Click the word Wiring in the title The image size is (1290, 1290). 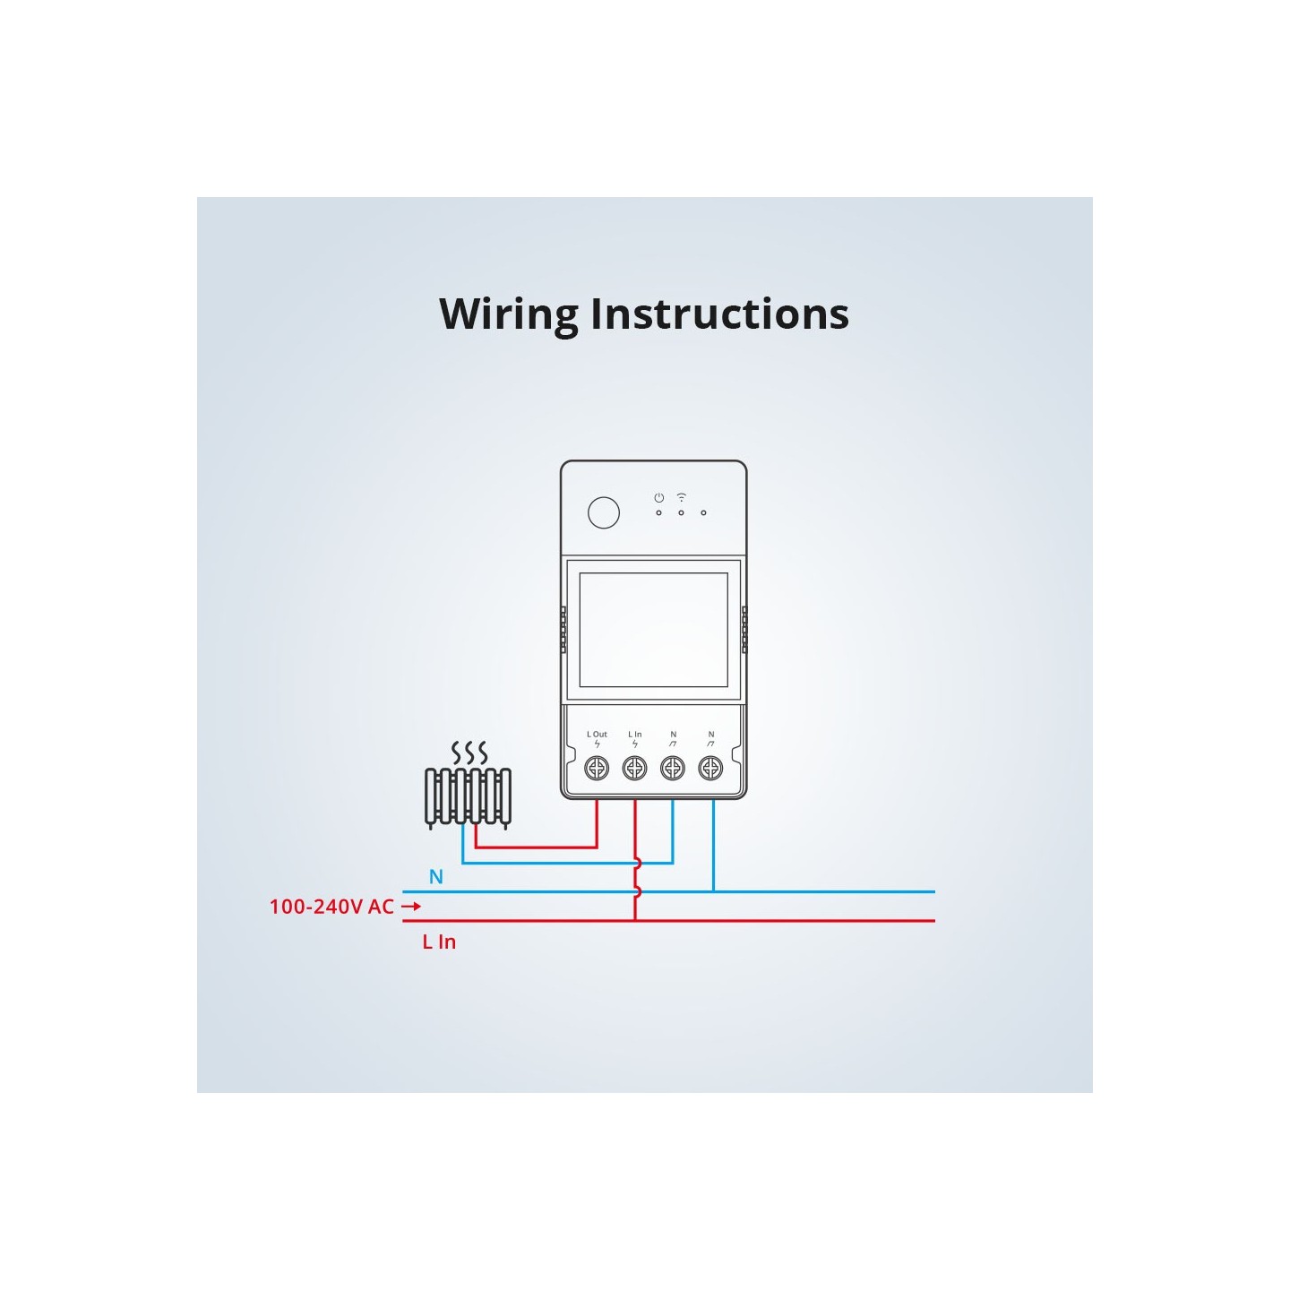[x=509, y=315]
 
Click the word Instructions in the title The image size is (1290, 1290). [x=719, y=314]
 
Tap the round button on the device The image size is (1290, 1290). [x=604, y=512]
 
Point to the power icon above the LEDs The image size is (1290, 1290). [x=658, y=497]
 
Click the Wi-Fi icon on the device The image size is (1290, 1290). [x=681, y=497]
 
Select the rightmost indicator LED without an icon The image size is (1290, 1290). [x=703, y=513]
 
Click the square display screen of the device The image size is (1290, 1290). [x=653, y=630]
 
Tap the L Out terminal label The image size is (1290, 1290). [x=597, y=735]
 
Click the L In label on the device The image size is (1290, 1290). [x=634, y=735]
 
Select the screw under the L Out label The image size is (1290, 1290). [x=597, y=768]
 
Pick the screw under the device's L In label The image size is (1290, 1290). [x=634, y=768]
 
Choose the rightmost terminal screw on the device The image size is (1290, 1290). [x=710, y=768]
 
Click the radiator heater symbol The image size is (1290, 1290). [x=468, y=796]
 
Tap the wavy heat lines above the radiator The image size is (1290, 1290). [x=469, y=752]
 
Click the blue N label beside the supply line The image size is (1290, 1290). [x=436, y=877]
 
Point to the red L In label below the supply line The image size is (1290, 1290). [x=439, y=942]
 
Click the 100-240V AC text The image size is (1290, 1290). [x=331, y=907]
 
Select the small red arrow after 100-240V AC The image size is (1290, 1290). [x=411, y=907]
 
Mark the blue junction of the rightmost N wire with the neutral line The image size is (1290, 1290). [x=714, y=892]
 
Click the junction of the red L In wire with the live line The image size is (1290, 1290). [x=635, y=920]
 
